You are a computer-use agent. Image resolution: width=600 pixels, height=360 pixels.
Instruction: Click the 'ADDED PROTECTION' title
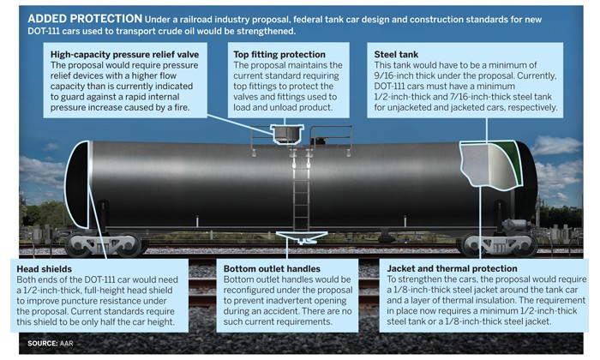(85, 18)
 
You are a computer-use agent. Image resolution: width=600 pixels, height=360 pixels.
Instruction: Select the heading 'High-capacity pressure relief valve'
(125, 54)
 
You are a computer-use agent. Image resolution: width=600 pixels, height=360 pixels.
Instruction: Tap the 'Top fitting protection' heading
(279, 54)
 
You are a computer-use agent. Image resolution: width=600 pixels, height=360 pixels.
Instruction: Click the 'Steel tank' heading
(396, 54)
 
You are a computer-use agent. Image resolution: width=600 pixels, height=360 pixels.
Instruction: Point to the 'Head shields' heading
(44, 269)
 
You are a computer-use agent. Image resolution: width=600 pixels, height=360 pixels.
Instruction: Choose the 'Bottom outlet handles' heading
(272, 268)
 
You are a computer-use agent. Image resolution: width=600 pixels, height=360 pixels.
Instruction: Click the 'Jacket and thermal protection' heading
(452, 268)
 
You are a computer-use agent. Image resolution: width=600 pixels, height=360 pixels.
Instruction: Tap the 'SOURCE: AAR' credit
(50, 343)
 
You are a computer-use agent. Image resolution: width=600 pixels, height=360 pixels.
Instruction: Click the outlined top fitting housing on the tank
(287, 134)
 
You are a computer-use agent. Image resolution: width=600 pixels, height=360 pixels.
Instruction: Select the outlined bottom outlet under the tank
(302, 237)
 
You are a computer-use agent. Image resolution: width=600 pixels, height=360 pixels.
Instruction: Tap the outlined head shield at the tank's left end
(77, 184)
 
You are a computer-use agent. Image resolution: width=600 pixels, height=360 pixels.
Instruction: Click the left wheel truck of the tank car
(105, 245)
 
